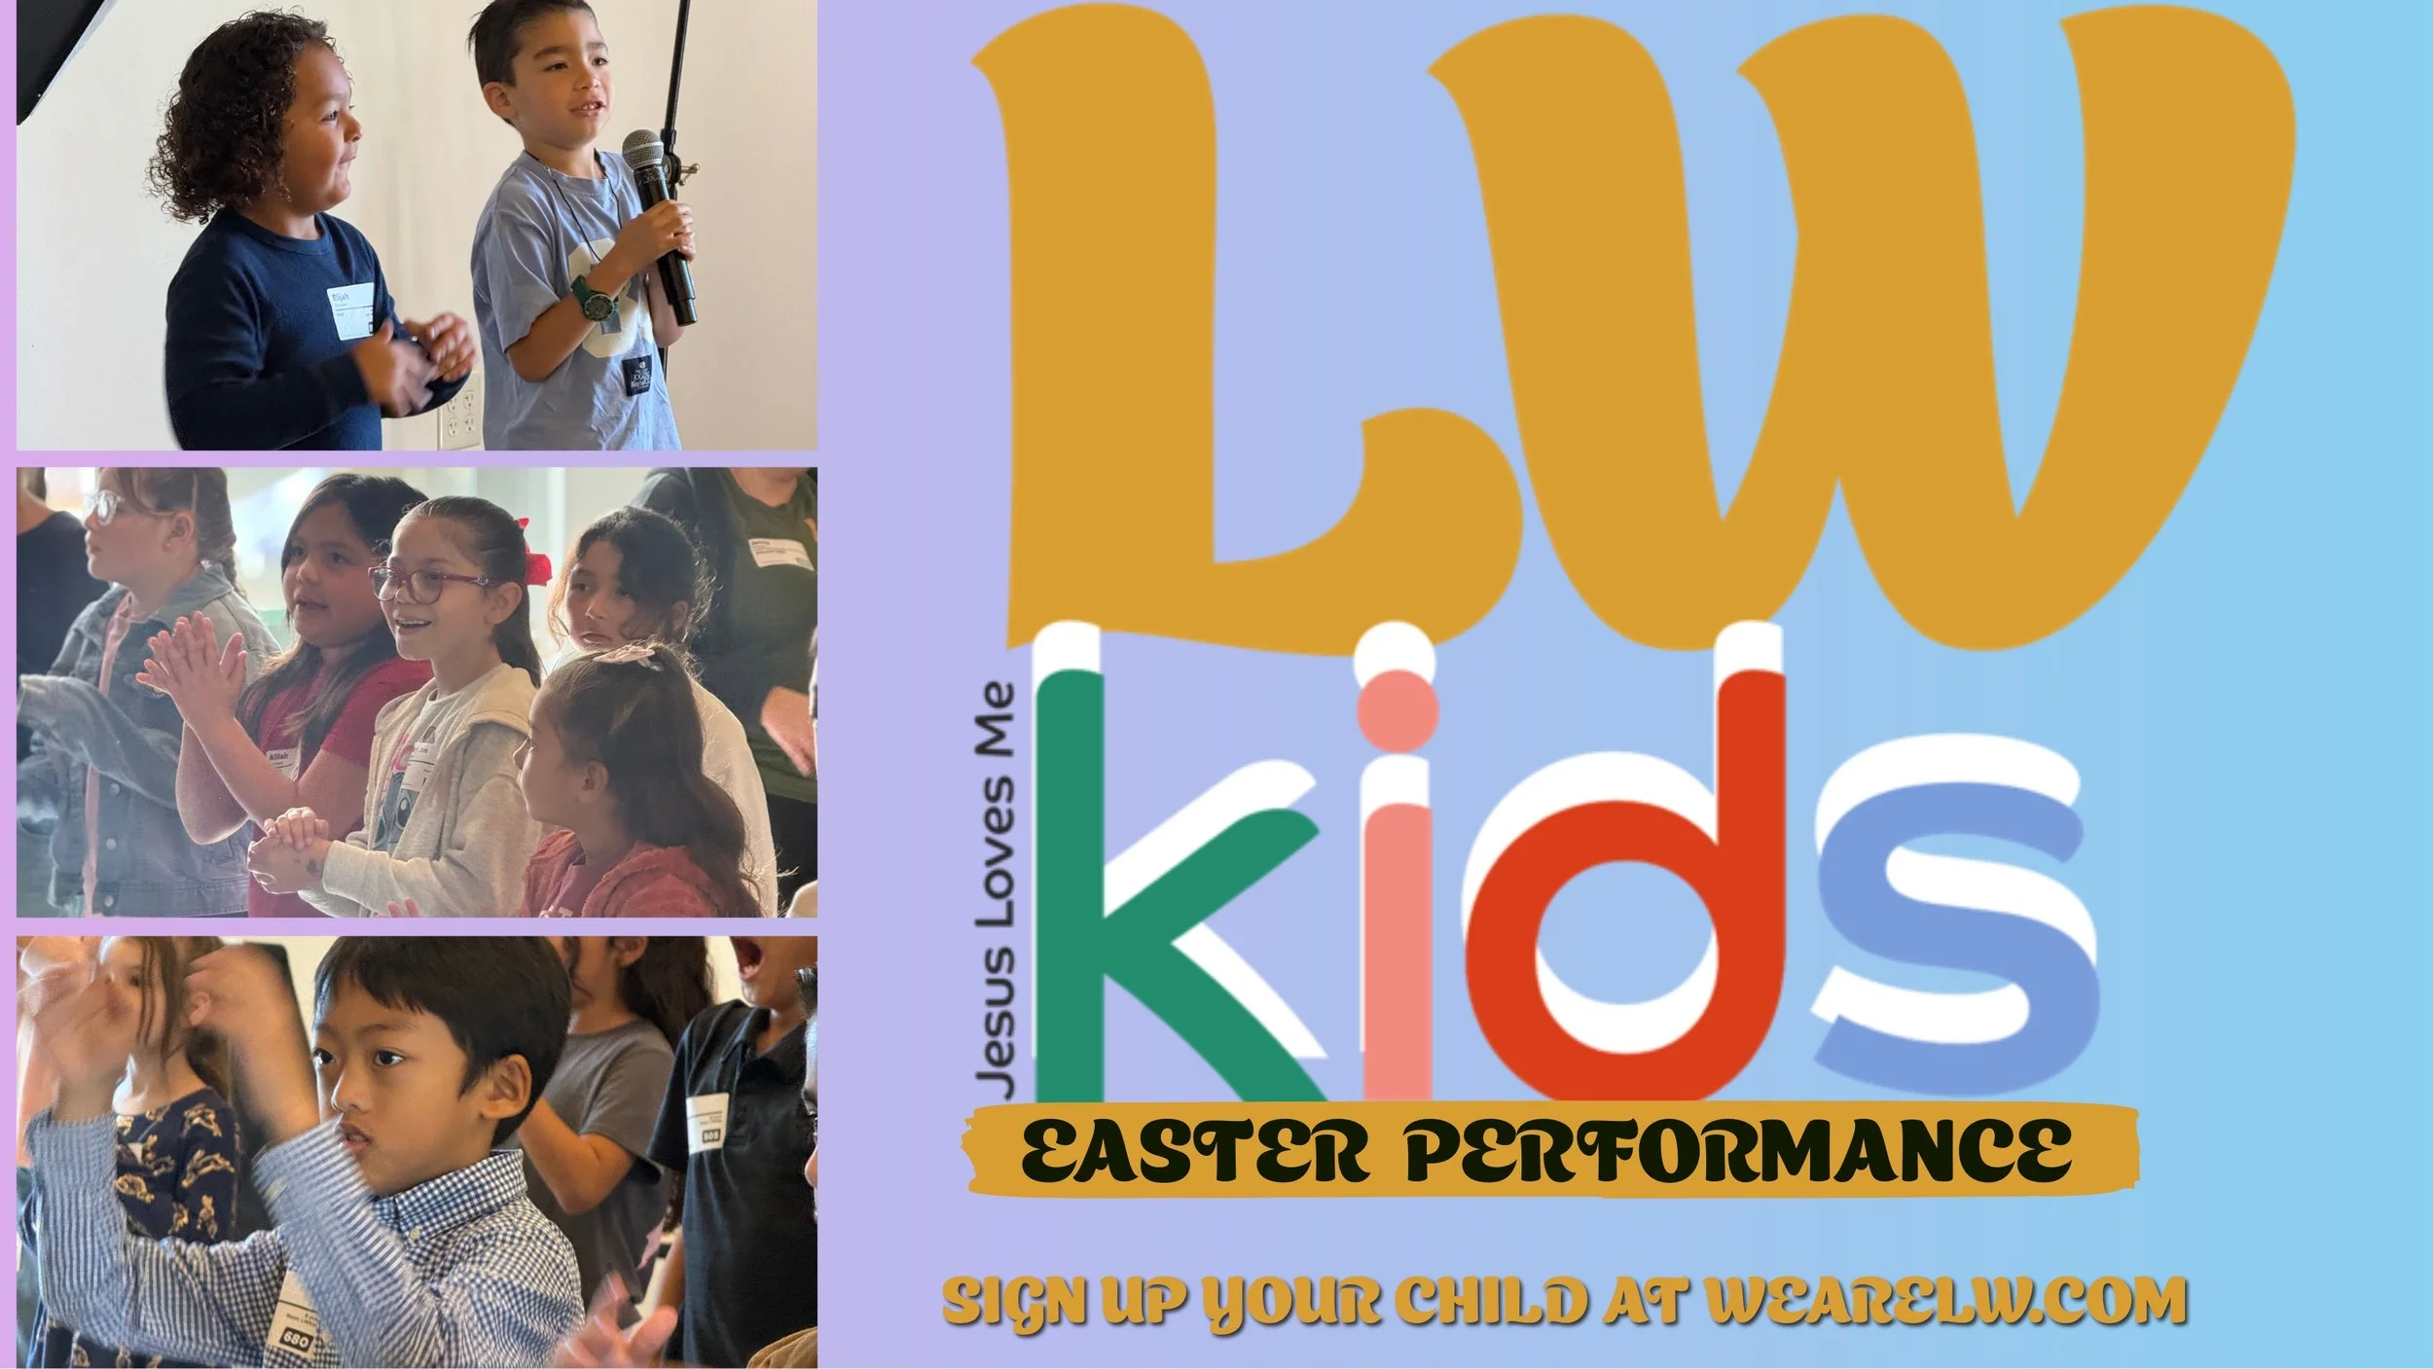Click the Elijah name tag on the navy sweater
click(x=352, y=310)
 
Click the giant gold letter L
click(x=1197, y=321)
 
